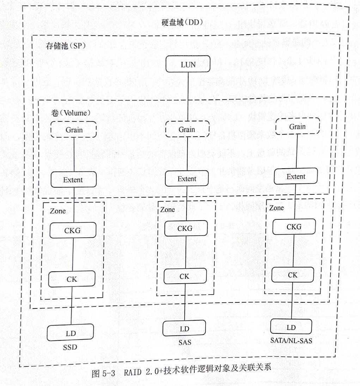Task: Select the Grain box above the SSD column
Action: (x=74, y=129)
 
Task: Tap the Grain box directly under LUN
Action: (x=187, y=129)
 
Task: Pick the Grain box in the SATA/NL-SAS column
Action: (x=297, y=126)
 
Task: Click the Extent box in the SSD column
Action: (x=73, y=180)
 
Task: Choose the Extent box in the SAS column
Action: (x=187, y=179)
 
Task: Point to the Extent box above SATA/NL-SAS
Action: (x=296, y=176)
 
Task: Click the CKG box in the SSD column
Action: (x=72, y=230)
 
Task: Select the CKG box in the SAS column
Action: (x=185, y=228)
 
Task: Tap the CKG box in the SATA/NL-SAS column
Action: (x=294, y=227)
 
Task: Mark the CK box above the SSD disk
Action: (x=72, y=279)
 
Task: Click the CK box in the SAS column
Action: (x=184, y=276)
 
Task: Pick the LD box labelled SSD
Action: (x=71, y=333)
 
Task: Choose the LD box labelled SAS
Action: (x=184, y=328)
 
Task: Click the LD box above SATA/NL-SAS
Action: (x=291, y=327)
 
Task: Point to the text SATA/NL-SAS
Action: (x=291, y=341)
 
